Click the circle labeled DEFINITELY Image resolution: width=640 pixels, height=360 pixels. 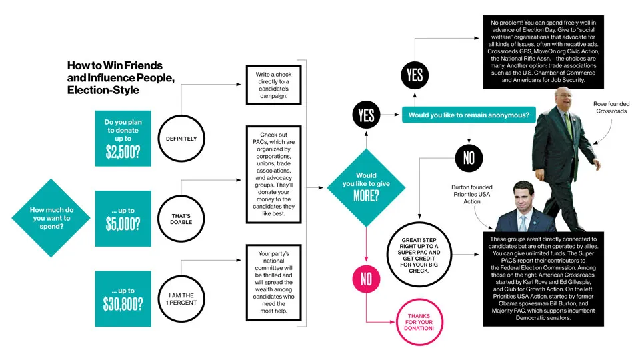177,139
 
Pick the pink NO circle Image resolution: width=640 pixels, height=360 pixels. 366,279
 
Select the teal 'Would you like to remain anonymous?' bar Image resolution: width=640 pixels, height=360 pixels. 468,116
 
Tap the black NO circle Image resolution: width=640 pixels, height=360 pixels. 469,157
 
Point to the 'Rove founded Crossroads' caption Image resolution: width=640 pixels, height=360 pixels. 610,108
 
